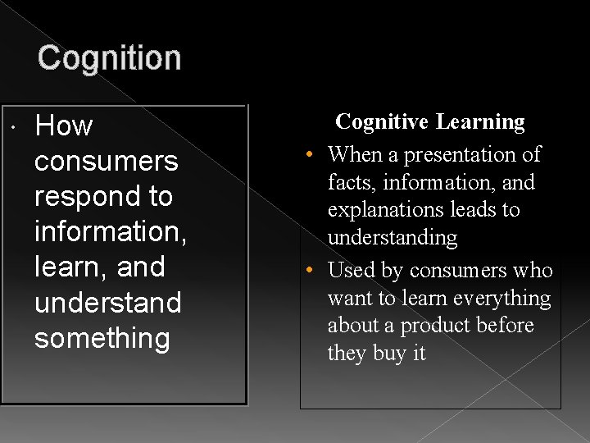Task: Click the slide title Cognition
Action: click(x=109, y=58)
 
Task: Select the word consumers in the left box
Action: click(x=106, y=162)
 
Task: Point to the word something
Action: click(x=102, y=338)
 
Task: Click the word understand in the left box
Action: click(x=107, y=303)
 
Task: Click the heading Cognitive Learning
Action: click(x=430, y=122)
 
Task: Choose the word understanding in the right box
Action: click(x=393, y=238)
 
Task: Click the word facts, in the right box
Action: click(x=352, y=182)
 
